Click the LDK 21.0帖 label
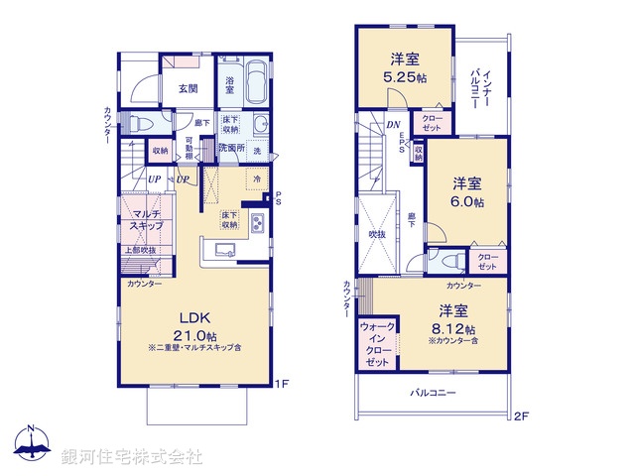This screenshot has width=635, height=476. (x=193, y=324)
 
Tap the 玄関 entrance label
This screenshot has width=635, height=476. (x=188, y=88)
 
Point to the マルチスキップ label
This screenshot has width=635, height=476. (x=139, y=220)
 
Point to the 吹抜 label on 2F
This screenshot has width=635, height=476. (x=376, y=234)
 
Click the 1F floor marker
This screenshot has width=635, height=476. (x=281, y=381)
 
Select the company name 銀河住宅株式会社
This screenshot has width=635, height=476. (x=132, y=456)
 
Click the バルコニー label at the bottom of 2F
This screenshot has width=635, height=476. (x=434, y=393)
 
